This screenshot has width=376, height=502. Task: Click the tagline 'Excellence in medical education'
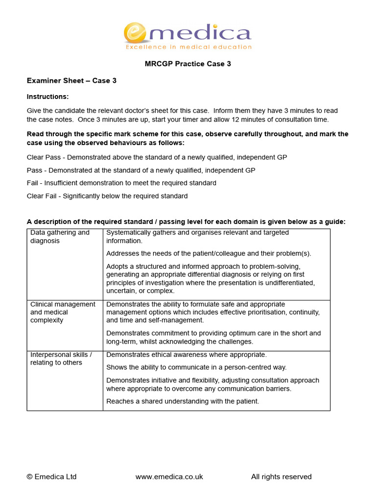(188, 48)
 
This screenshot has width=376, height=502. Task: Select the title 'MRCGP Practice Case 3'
(188, 64)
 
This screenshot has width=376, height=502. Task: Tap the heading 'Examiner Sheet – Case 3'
(71, 80)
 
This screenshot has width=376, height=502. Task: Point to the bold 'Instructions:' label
(48, 97)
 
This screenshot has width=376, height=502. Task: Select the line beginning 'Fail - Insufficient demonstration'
(121, 183)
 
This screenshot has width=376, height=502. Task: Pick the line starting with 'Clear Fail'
(107, 196)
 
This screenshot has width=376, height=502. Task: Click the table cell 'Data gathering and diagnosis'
(60, 237)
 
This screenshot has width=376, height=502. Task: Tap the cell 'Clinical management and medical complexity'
(63, 312)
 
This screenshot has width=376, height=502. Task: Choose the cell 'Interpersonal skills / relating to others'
(61, 358)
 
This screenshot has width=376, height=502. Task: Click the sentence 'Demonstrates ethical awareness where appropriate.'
(187, 354)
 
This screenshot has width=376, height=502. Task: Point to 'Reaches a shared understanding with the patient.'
(183, 401)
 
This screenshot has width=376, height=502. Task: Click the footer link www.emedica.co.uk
(169, 477)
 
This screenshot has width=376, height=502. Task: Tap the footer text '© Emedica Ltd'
(52, 477)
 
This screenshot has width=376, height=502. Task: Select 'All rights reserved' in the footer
(281, 477)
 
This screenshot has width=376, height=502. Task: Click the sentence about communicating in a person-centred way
(196, 367)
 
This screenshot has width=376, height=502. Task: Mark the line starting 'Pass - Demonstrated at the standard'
(141, 170)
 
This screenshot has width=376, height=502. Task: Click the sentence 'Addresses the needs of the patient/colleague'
(209, 253)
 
